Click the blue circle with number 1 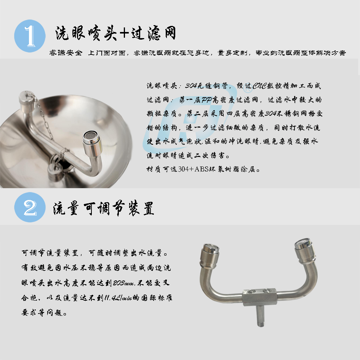click(30, 36)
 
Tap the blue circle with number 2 click(30, 207)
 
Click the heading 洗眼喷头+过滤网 click(116, 33)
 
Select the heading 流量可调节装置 click(103, 208)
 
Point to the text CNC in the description click(259, 86)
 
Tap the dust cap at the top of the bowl click(26, 99)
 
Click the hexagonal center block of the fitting click(259, 297)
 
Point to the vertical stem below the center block click(261, 316)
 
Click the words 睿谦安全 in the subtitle click(66, 53)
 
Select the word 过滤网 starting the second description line click(158, 100)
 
